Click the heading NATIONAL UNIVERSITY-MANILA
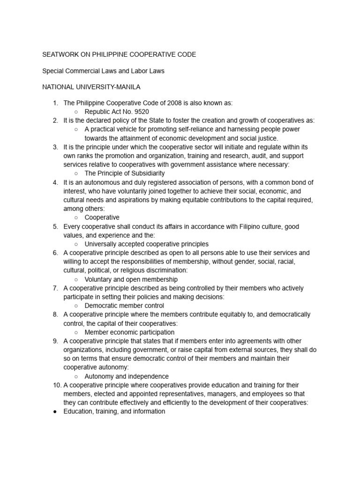pyautogui.click(x=91, y=87)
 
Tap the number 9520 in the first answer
pyautogui.click(x=141, y=112)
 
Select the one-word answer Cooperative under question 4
pyautogui.click(x=102, y=217)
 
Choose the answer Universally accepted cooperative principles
pyautogui.click(x=146, y=244)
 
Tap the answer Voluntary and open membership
pyautogui.click(x=131, y=279)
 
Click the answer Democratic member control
pyautogui.click(x=125, y=305)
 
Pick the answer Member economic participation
pyautogui.click(x=133, y=332)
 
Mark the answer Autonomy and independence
pyautogui.click(x=127, y=376)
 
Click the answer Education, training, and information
pyautogui.click(x=114, y=411)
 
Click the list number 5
pyautogui.click(x=56, y=226)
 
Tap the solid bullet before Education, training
pyautogui.click(x=55, y=411)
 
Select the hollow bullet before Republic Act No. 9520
pyautogui.click(x=76, y=112)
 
